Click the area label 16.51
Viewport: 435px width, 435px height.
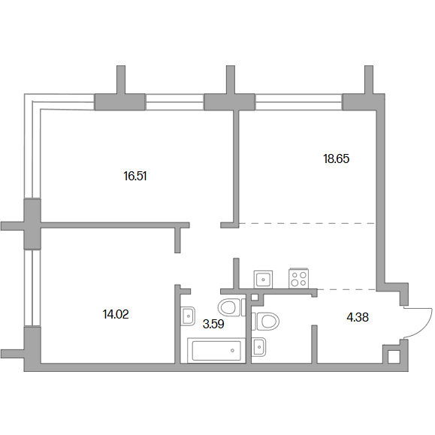click(x=134, y=176)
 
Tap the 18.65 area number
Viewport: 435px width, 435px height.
click(x=336, y=159)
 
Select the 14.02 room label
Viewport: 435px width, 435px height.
click(x=116, y=315)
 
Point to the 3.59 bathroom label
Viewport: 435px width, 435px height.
click(x=213, y=324)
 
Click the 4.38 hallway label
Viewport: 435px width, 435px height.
click(x=358, y=317)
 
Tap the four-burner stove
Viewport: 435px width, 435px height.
click(x=299, y=278)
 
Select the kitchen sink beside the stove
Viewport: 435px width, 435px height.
click(x=263, y=279)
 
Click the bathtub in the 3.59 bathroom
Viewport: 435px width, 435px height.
click(x=216, y=350)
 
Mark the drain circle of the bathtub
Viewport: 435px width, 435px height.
click(x=232, y=350)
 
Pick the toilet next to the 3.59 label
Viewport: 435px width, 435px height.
click(x=231, y=307)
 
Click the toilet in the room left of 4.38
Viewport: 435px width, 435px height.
click(x=265, y=322)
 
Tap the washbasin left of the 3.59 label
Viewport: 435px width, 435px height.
click(x=188, y=316)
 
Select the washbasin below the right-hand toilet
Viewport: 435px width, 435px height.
click(x=258, y=347)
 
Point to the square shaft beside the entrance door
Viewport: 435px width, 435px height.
click(x=394, y=357)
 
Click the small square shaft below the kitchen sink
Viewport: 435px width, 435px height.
click(x=255, y=297)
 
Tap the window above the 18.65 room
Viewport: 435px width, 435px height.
click(x=298, y=102)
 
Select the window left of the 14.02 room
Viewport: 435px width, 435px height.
click(x=32, y=288)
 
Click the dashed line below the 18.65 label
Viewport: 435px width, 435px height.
click(x=307, y=223)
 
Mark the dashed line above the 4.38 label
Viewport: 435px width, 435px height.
click(x=346, y=289)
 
